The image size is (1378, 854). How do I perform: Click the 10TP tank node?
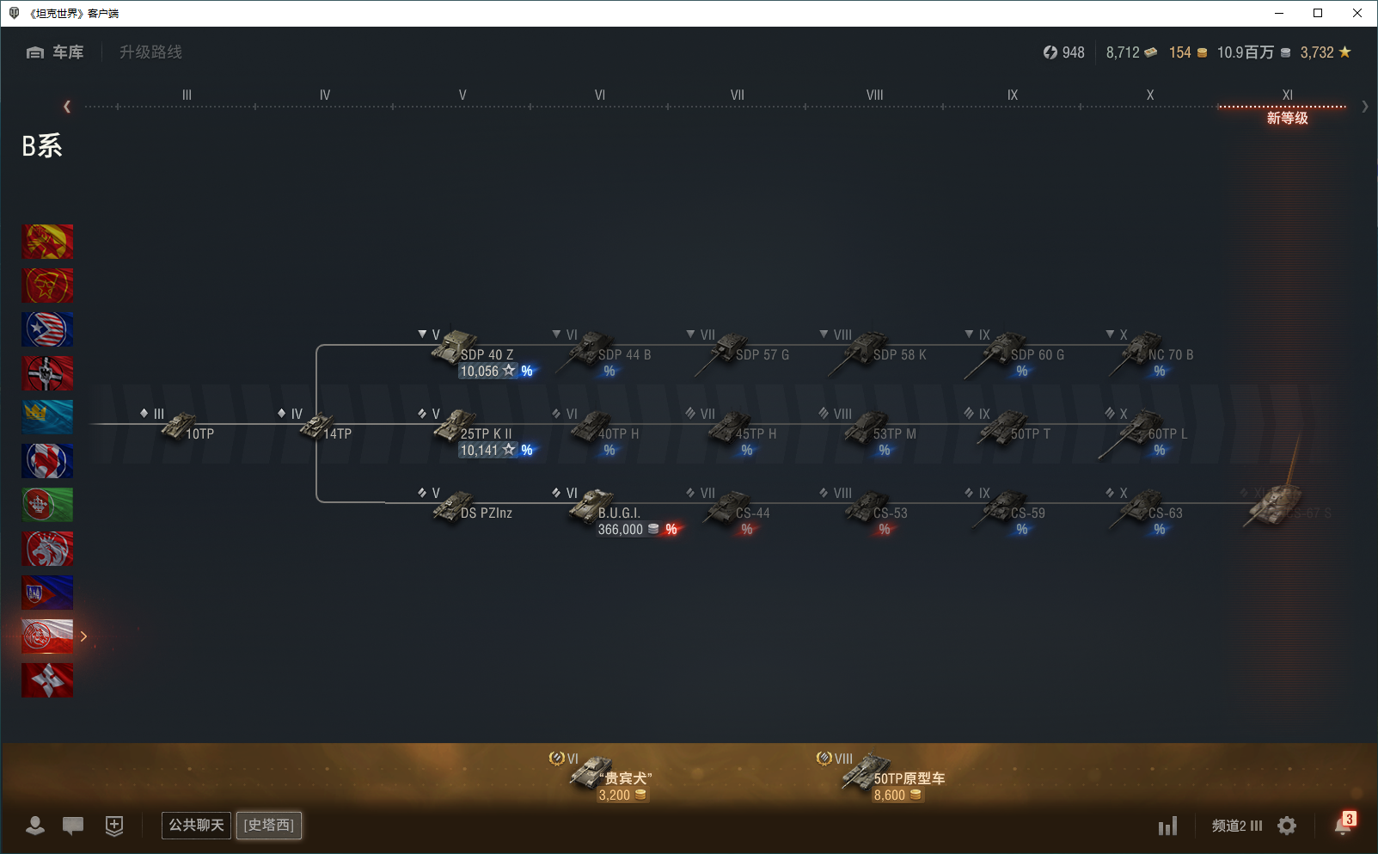point(181,426)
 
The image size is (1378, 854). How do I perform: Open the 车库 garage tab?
point(56,52)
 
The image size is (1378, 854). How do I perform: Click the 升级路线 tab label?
point(150,52)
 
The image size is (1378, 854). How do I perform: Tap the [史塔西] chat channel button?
point(269,826)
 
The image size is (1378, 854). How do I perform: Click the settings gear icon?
point(1287,826)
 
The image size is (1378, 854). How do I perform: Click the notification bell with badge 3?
point(1344,825)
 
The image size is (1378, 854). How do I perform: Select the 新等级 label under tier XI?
point(1287,118)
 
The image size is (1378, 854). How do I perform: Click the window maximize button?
point(1318,13)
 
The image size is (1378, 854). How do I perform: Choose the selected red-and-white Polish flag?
point(47,636)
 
